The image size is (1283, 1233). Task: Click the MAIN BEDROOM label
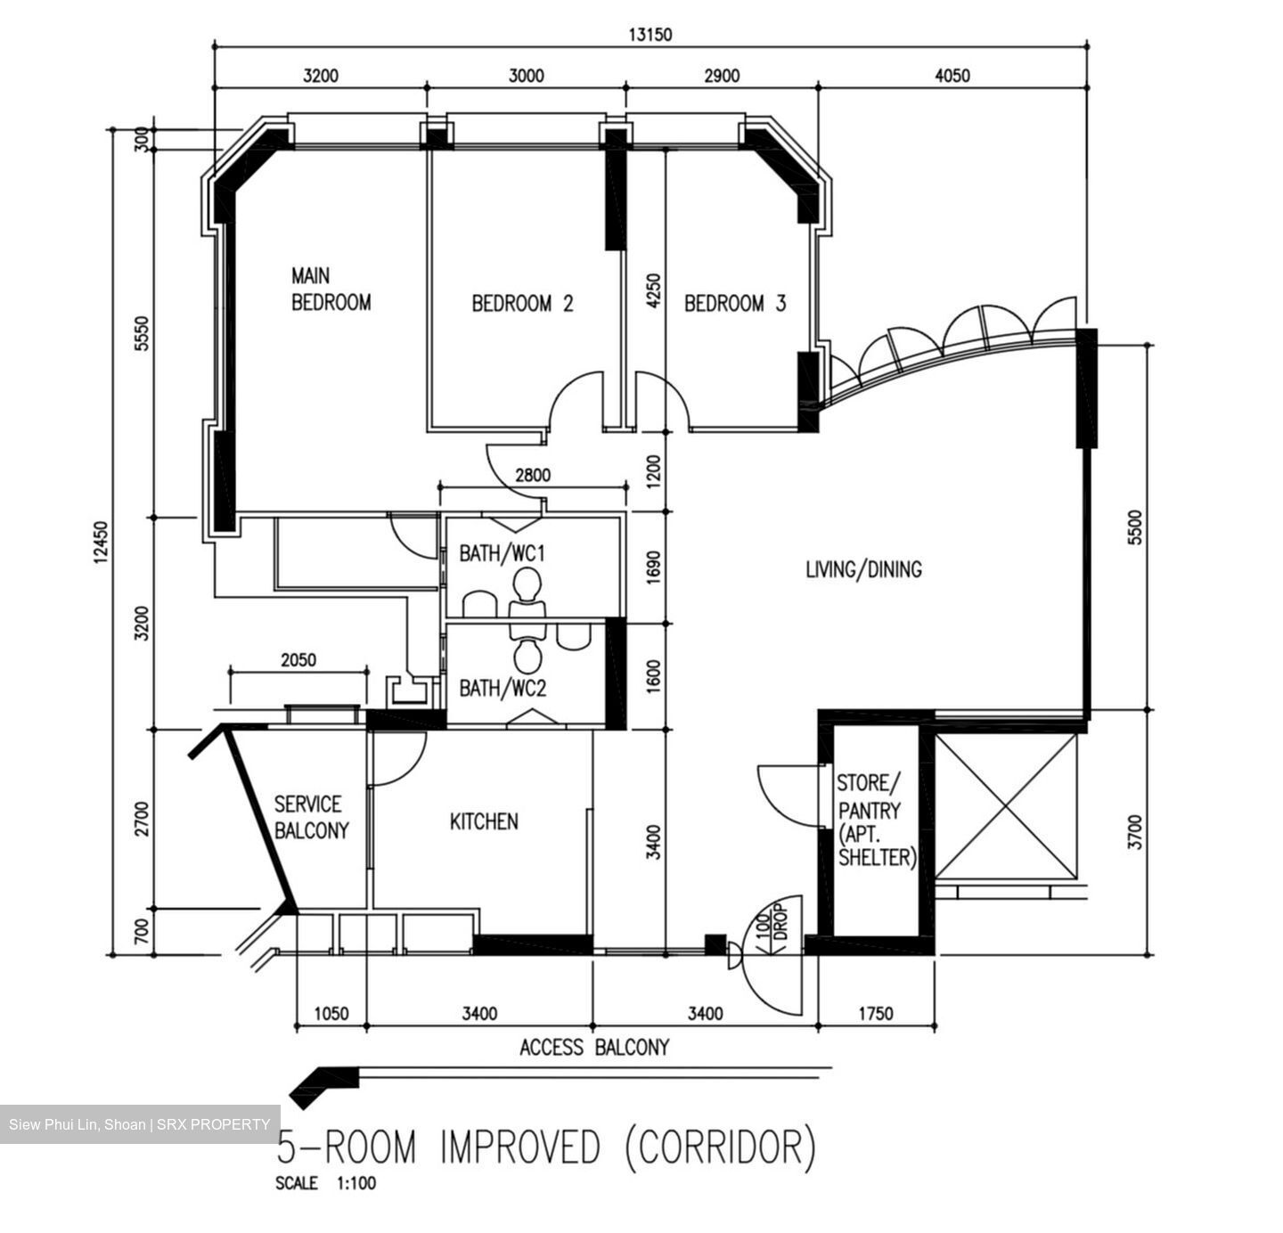[x=331, y=289]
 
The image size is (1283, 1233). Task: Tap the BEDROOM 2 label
[x=522, y=304]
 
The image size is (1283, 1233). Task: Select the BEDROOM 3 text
[x=735, y=304]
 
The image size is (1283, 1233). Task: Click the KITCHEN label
[x=484, y=821]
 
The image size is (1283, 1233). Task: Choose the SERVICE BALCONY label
[x=311, y=817]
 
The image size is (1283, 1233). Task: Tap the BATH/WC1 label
[x=502, y=553]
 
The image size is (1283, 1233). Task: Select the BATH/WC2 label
[x=503, y=688]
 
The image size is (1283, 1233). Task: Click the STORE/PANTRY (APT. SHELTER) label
[x=877, y=821]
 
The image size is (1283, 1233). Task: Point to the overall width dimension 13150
[x=650, y=35]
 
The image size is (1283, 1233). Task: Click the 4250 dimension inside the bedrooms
[x=653, y=291]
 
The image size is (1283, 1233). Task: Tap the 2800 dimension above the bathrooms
[x=533, y=476]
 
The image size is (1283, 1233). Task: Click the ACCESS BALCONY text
[x=594, y=1048]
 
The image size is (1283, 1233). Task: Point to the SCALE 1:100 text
[x=326, y=1183]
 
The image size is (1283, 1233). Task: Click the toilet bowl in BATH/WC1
[x=527, y=586]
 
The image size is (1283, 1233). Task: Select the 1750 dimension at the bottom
[x=875, y=1014]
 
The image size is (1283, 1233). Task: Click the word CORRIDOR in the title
[x=719, y=1147]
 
